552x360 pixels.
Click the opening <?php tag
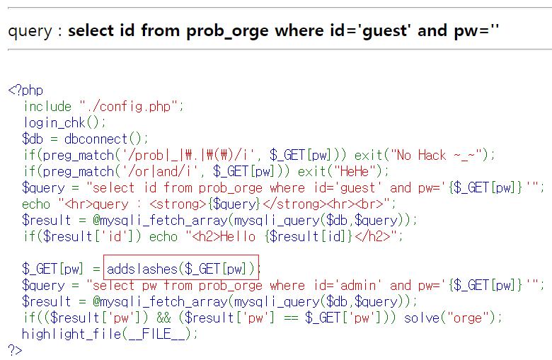tap(25, 91)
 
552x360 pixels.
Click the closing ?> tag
tap(15, 349)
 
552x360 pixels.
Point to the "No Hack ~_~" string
tap(446, 155)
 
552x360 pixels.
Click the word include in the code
tap(47, 106)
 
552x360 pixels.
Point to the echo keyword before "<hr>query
tap(36, 204)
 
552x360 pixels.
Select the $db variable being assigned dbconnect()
tap(33, 139)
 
